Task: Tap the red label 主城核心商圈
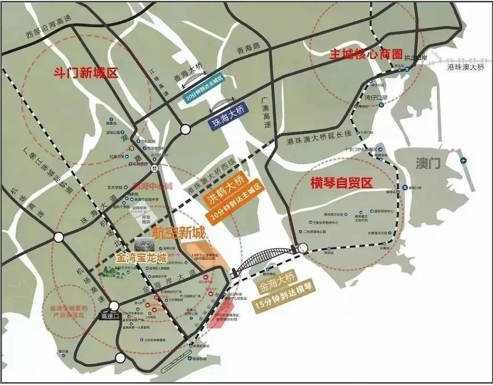(x=365, y=54)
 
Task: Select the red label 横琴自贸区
(x=341, y=183)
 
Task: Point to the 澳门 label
(x=428, y=164)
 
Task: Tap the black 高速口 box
(x=112, y=316)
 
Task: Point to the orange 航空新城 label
(x=178, y=232)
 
